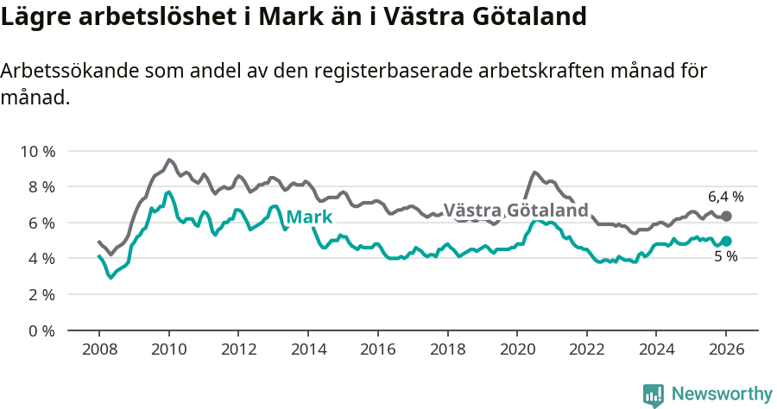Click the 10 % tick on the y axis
[37, 151]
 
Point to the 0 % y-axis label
[41, 330]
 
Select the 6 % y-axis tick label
[41, 223]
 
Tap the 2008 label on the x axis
[98, 350]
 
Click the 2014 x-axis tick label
[307, 350]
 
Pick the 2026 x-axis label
[726, 350]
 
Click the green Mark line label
[309, 217]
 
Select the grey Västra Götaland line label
[515, 211]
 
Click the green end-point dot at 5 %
[727, 242]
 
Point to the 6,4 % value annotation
[725, 197]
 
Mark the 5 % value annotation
[725, 256]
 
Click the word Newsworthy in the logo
[721, 394]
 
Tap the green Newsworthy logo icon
[654, 395]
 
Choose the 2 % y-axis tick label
[41, 294]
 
